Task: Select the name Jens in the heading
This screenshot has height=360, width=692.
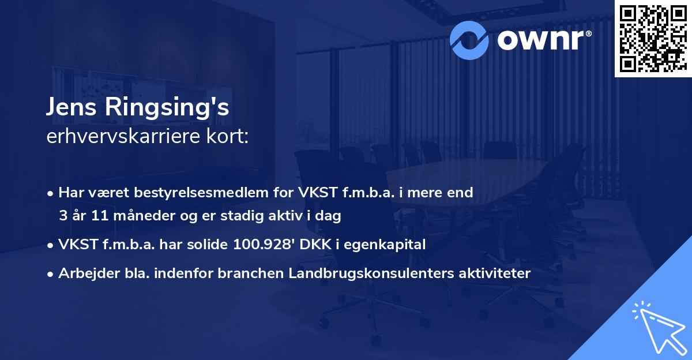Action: point(72,109)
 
